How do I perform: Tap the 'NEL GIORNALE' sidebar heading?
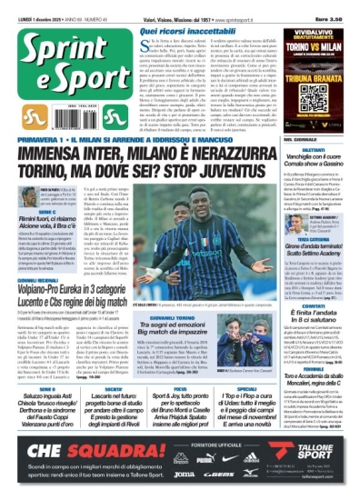pos(301,114)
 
